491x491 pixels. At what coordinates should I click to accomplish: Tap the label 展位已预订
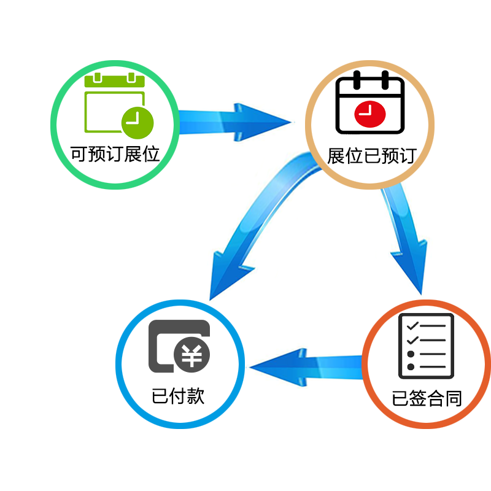tap(372, 155)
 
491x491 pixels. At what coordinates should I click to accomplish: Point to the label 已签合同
tap(427, 399)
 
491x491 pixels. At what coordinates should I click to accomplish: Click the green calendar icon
tap(115, 104)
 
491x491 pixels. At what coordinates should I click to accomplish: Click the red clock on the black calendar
tap(370, 113)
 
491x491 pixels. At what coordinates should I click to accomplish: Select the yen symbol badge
tap(192, 356)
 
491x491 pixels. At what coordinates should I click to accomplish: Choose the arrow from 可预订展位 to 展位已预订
tap(233, 118)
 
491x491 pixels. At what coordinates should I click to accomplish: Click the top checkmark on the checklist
tap(412, 325)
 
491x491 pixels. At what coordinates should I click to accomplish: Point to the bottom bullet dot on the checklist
tap(411, 366)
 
